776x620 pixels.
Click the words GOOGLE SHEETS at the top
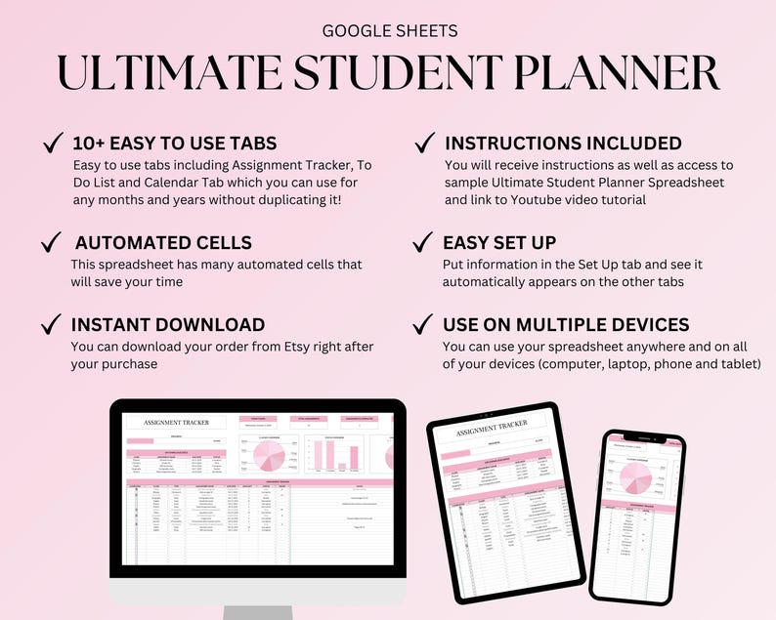pos(389,31)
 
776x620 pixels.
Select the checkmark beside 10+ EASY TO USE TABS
pos(54,145)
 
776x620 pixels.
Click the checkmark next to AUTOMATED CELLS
pos(54,243)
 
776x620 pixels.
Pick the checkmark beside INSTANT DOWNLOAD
pos(54,325)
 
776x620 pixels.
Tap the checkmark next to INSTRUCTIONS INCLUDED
pos(424,144)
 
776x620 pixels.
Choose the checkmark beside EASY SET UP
pos(424,242)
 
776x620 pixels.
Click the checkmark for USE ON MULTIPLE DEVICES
pos(424,324)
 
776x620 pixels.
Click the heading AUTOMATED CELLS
pos(163,243)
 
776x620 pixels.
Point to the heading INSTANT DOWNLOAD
pos(168,325)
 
